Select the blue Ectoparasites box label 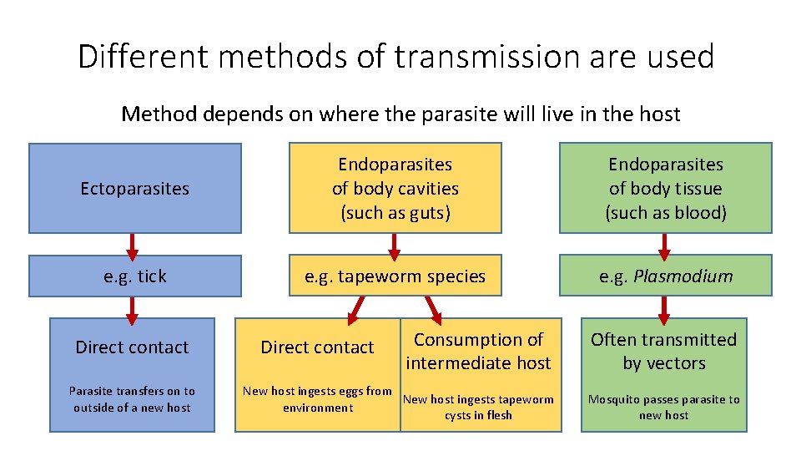click(x=134, y=189)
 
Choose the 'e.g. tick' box click(x=134, y=276)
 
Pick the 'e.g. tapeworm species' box click(x=395, y=276)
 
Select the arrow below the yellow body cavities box click(x=395, y=244)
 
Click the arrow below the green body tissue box click(x=664, y=244)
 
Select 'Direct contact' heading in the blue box click(x=132, y=347)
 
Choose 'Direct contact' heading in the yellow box click(x=317, y=347)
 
